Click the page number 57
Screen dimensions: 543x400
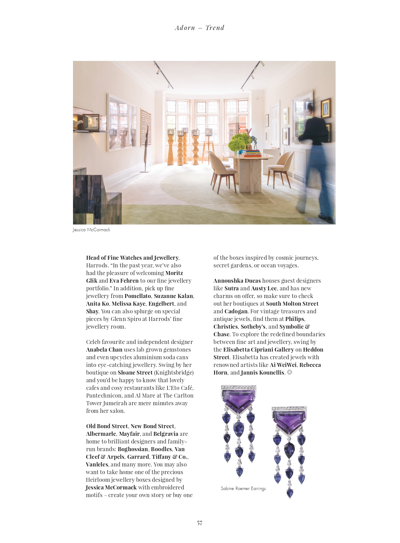(200, 523)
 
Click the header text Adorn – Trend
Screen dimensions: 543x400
(199, 28)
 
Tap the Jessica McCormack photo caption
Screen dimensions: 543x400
(91, 230)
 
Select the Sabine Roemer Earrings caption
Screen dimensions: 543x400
(243, 488)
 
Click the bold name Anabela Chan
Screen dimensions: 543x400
(104, 350)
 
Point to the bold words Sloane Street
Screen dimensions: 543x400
(135, 373)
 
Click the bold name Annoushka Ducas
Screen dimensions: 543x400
(237, 281)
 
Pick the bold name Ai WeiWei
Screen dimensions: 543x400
(283, 365)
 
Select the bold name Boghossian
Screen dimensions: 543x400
(133, 449)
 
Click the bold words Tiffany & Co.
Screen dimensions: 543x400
(170, 457)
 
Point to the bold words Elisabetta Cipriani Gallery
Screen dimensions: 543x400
(259, 350)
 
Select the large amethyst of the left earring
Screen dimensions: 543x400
(238, 399)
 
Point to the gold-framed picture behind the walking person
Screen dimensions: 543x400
(326, 108)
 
